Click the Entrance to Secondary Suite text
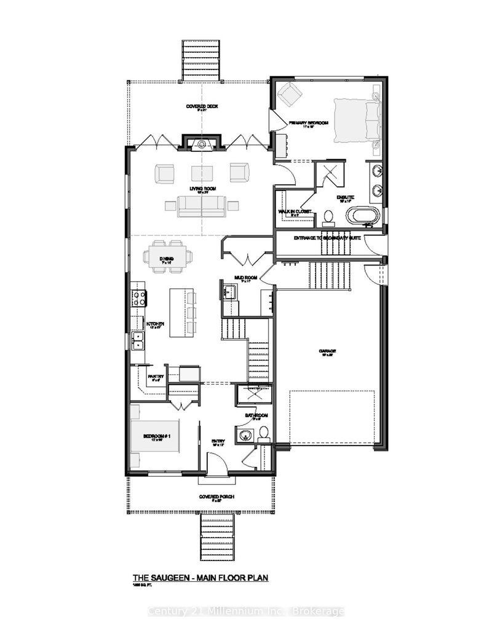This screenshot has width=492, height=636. pos(326,237)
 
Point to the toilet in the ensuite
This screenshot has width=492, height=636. pos(328,216)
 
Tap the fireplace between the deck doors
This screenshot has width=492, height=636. pos(200,144)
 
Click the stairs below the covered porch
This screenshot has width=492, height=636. pos(217,536)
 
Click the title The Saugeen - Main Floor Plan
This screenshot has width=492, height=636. pos(201,578)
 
